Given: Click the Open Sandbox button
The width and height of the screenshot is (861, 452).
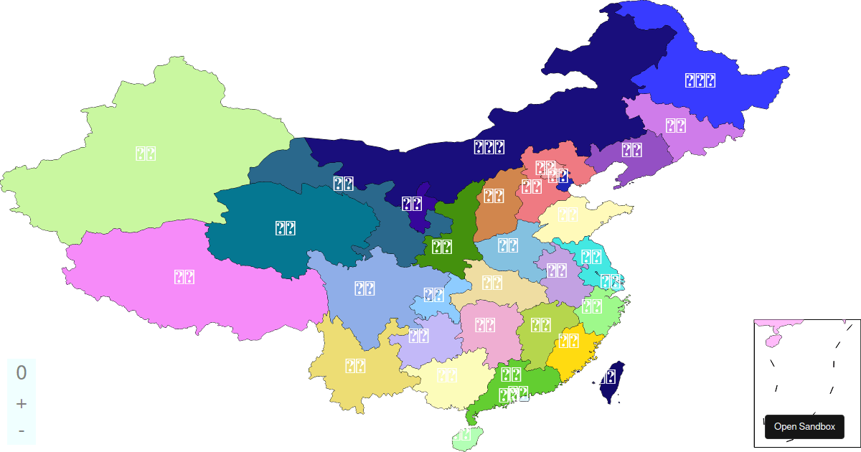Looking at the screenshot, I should click(x=804, y=426).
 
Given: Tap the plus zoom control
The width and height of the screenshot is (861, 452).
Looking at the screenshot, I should click(x=22, y=403).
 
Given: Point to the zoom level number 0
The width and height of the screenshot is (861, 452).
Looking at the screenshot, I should click(x=22, y=372).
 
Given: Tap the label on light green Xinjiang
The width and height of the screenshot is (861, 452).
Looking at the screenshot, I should click(x=146, y=153).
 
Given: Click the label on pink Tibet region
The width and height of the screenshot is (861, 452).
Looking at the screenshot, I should click(x=184, y=277).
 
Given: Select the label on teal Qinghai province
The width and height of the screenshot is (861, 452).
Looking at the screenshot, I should click(x=286, y=228).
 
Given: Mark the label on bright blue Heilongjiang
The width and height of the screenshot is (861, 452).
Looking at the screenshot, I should click(x=699, y=81).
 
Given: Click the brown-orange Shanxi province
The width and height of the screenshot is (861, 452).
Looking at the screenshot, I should click(x=493, y=196).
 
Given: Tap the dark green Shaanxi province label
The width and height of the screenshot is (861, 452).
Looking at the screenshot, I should click(x=441, y=247).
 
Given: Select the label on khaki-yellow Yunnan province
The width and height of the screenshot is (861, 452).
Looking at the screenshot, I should click(x=355, y=366).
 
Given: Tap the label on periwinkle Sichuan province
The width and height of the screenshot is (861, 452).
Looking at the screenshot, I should click(x=364, y=288).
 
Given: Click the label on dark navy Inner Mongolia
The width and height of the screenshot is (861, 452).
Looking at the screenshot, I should click(x=489, y=148).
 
